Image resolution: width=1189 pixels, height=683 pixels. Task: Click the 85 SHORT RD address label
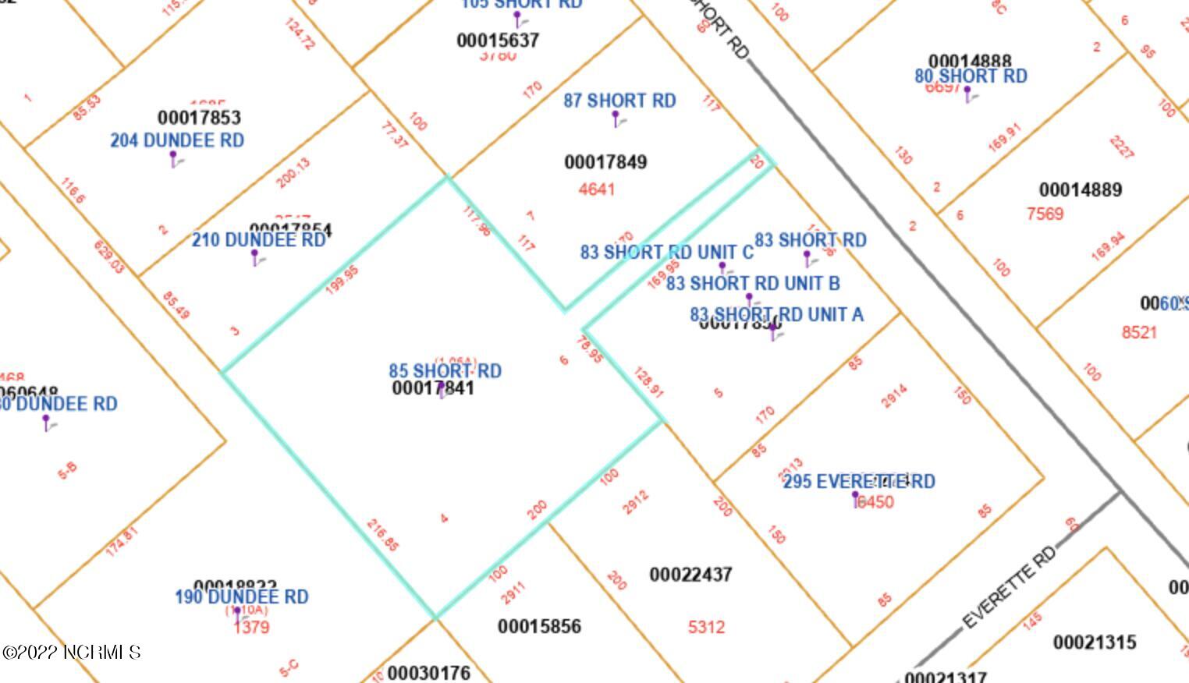[x=445, y=370]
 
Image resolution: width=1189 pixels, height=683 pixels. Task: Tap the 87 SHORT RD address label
[x=619, y=101]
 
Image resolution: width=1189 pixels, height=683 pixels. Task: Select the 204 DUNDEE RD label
[x=177, y=140]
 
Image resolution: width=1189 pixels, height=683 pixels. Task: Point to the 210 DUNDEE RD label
[x=258, y=240]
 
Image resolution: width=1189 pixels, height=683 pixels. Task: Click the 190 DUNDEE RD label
[x=241, y=597]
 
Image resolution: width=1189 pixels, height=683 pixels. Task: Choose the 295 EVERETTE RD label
[x=858, y=481]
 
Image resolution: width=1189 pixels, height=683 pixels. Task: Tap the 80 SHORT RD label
[x=971, y=76]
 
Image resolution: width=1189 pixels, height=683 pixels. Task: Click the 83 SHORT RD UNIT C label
[x=666, y=253]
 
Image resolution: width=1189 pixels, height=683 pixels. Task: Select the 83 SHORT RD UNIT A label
[x=776, y=314]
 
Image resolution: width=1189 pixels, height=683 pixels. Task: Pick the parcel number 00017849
[x=605, y=162]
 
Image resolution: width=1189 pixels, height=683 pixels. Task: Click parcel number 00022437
[x=690, y=575]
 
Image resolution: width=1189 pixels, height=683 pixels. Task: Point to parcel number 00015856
[x=539, y=626]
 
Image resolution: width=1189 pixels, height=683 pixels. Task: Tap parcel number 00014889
[x=1080, y=189]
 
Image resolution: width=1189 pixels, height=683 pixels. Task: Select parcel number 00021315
[x=1094, y=642]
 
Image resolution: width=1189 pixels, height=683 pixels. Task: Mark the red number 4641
[x=597, y=189]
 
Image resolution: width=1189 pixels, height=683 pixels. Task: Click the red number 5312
[x=706, y=627]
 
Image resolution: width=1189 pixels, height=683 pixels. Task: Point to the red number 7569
[x=1045, y=214]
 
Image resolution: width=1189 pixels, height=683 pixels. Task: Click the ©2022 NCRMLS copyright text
[x=71, y=652]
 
